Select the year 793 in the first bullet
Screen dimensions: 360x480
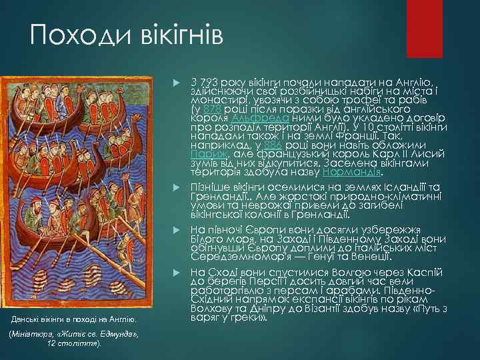tap(209, 81)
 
